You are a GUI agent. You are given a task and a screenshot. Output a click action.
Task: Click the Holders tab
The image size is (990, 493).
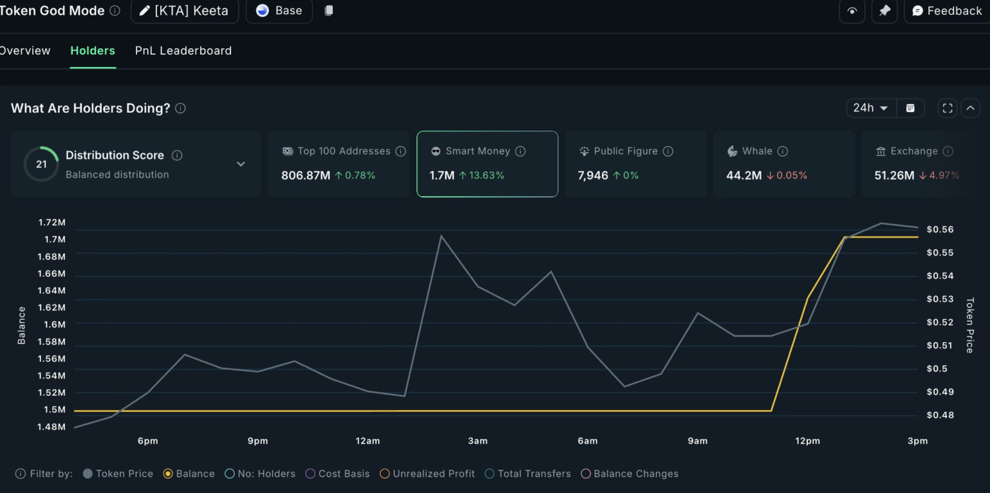coord(93,51)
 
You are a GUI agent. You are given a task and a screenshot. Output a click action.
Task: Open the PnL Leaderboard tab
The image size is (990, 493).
coord(183,51)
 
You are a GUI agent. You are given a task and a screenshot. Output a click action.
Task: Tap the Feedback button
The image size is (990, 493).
coord(947,11)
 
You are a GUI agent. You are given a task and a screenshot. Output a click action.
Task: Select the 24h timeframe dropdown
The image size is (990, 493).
coord(870,108)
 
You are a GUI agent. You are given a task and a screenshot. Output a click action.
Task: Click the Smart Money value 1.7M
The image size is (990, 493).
coord(442,175)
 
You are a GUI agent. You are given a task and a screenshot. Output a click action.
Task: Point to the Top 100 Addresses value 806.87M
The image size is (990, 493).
coord(306,175)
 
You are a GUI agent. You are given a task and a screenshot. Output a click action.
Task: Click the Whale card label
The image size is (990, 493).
coord(757,151)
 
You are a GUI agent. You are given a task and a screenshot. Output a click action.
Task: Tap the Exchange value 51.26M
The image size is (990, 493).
coord(894,175)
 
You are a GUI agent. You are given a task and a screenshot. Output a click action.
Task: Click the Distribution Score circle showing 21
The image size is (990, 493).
coord(41,164)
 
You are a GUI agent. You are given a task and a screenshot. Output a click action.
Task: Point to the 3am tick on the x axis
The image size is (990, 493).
coord(478,441)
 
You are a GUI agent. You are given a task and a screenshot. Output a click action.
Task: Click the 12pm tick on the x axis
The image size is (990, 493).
coord(807,441)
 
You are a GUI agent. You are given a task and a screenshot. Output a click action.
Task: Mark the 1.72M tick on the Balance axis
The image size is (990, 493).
coord(52,222)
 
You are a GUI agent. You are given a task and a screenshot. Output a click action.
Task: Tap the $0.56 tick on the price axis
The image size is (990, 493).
coord(940,230)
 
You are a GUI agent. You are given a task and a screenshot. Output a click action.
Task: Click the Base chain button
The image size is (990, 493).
coord(279,11)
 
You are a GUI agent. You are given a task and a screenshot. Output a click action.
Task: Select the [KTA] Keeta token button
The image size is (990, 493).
coord(185,11)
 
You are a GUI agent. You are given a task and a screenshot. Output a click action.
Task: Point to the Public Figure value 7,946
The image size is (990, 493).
coord(593,175)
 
